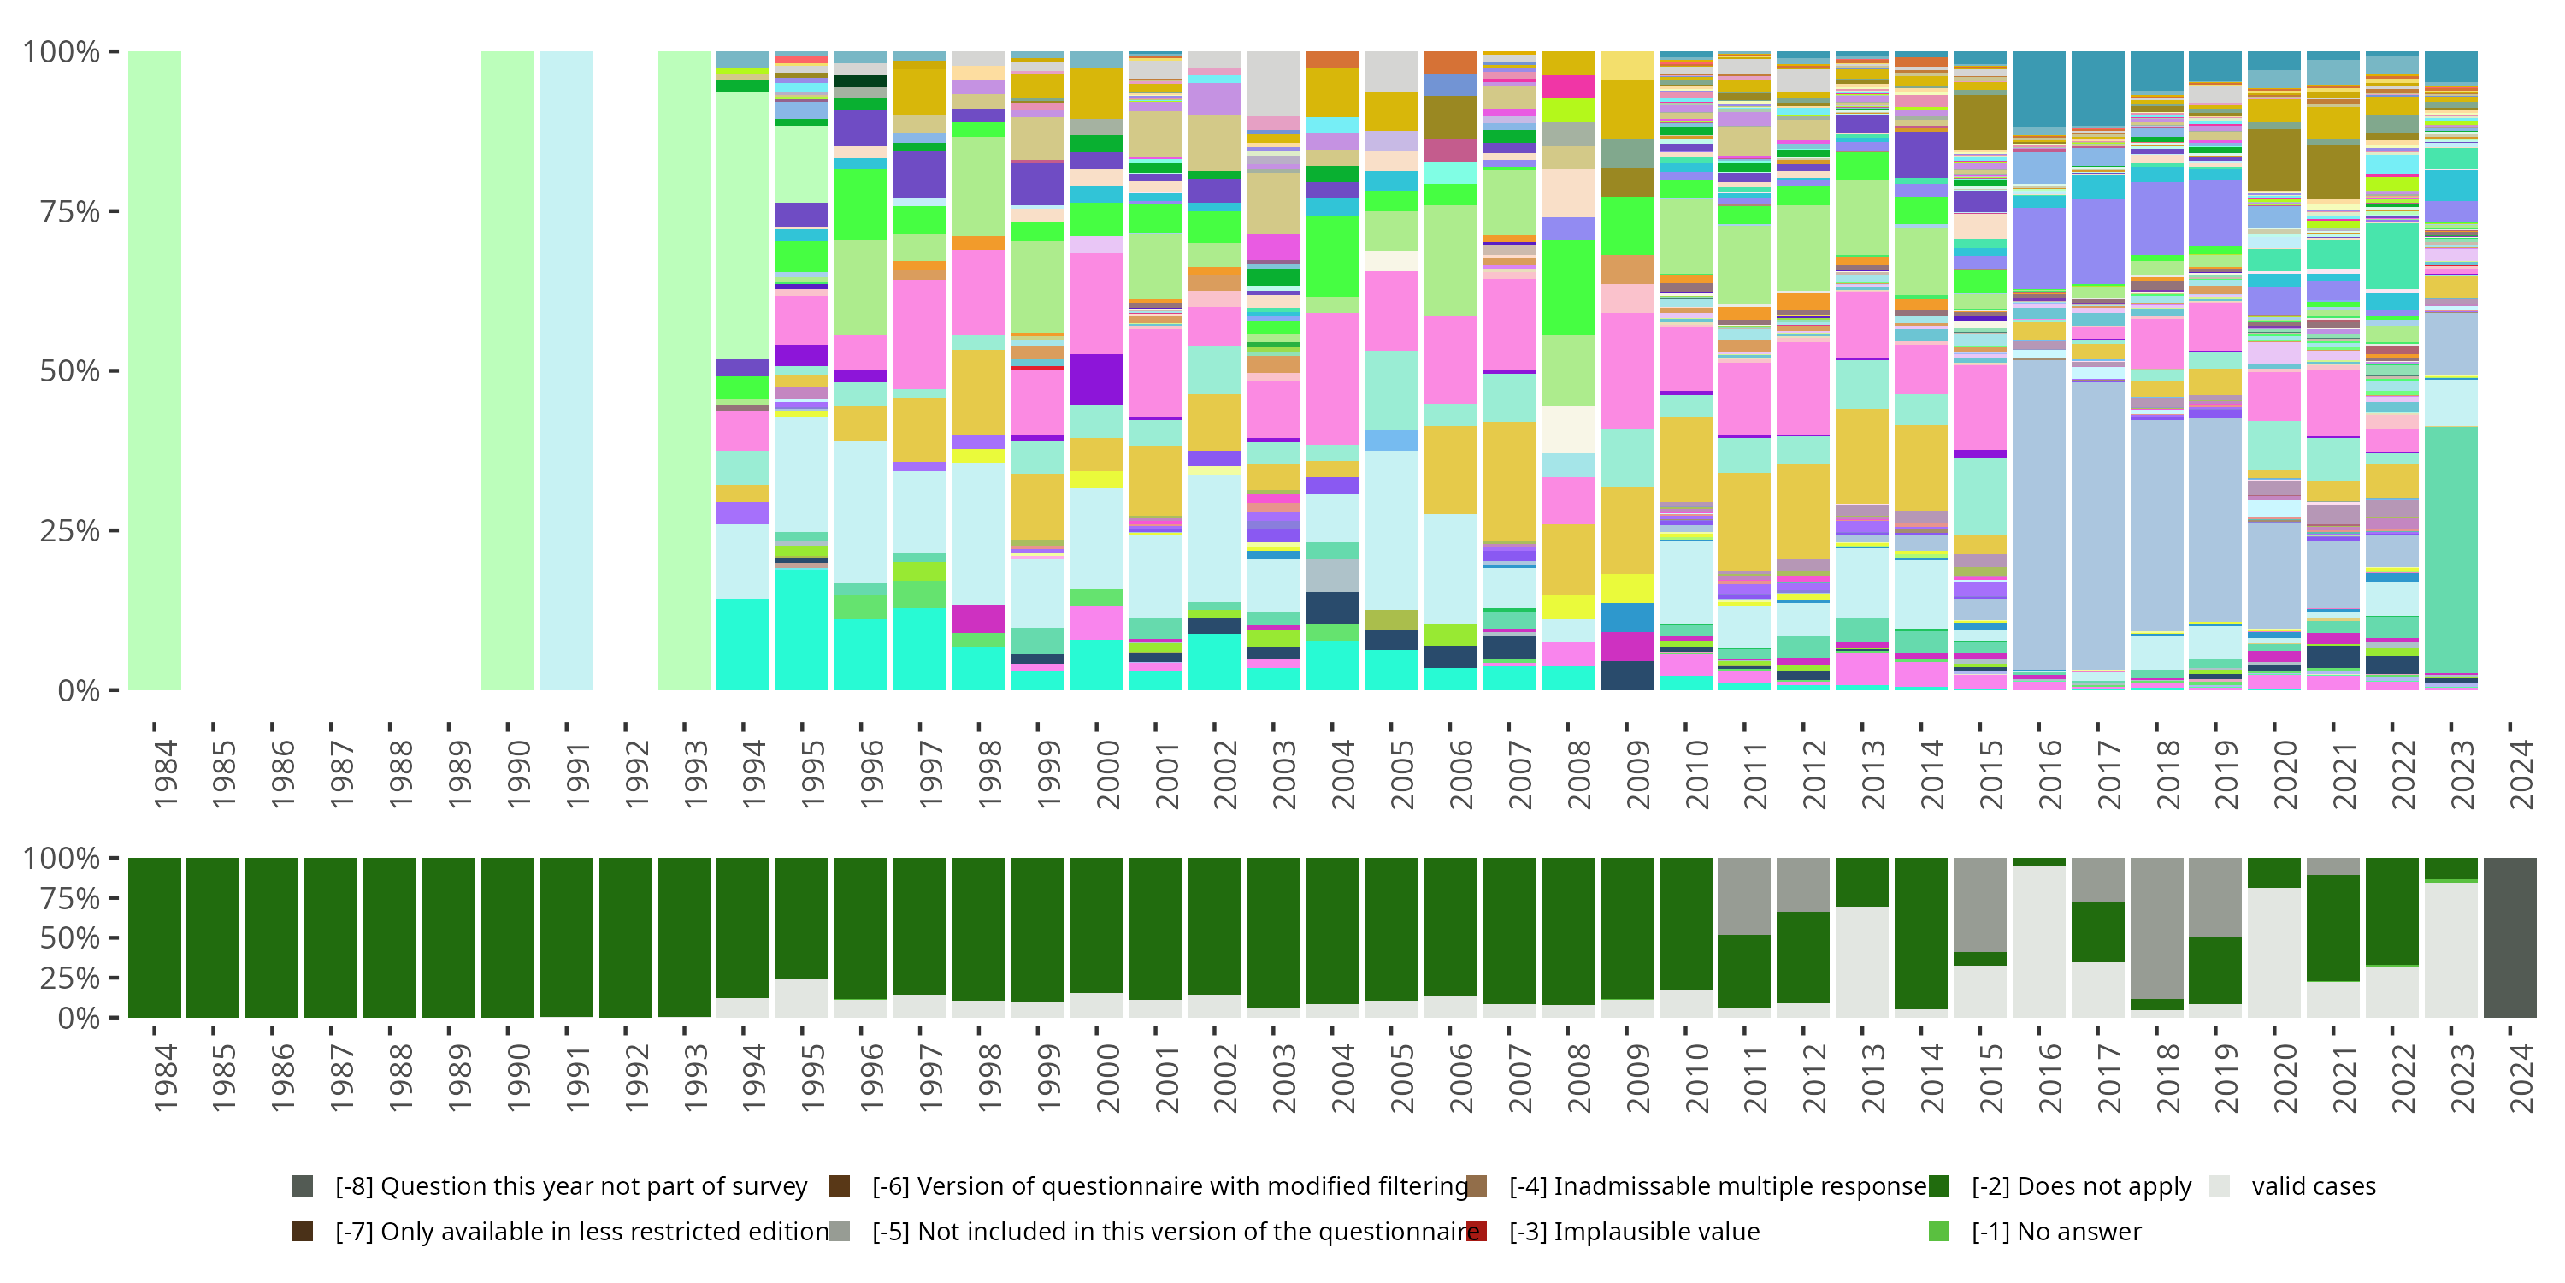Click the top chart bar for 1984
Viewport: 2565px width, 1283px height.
155,370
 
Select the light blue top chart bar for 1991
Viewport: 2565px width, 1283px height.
567,370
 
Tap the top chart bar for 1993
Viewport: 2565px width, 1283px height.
684,370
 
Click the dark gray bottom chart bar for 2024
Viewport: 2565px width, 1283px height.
2509,937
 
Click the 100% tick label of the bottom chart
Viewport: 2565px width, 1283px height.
61,859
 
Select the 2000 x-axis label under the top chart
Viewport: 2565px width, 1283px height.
1108,775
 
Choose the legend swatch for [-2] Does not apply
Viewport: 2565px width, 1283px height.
1938,1186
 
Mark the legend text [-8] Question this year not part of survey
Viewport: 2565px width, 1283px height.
570,1186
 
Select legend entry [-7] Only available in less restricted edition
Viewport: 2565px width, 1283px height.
581,1233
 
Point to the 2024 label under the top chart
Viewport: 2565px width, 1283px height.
2521,775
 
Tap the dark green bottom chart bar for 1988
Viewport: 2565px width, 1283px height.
389,937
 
